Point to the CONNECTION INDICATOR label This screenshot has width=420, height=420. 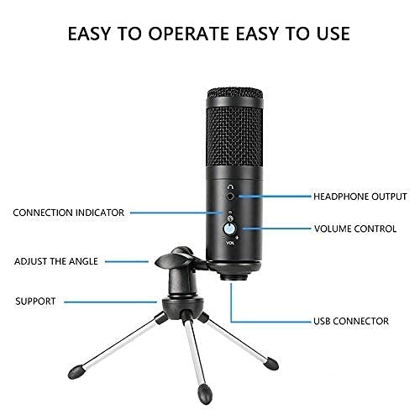[x=69, y=213]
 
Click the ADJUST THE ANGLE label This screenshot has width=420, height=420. [x=56, y=261]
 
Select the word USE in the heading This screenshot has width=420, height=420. [x=331, y=34]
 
